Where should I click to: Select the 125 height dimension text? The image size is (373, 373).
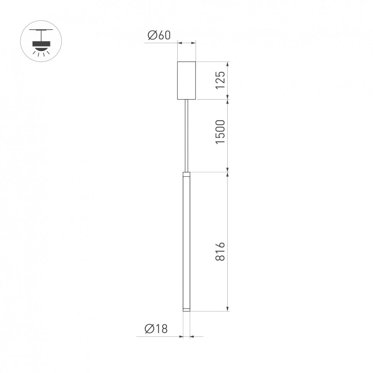[x=220, y=80]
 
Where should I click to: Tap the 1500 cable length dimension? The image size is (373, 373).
[x=220, y=132]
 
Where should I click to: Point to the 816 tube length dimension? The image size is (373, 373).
[x=220, y=252]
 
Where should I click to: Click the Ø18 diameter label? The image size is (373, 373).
[x=156, y=329]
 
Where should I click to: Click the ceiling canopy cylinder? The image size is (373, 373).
[x=186, y=80]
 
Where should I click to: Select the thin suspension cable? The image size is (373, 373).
[x=186, y=135]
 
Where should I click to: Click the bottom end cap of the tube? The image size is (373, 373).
[x=186, y=310]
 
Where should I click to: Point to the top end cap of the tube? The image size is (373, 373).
[x=186, y=174]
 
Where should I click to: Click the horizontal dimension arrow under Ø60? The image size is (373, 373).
[x=186, y=44]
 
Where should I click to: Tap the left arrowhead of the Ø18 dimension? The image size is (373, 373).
[x=181, y=337]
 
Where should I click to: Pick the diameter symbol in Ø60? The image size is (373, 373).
[x=152, y=35]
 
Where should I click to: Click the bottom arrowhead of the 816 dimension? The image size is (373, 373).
[x=228, y=308]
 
